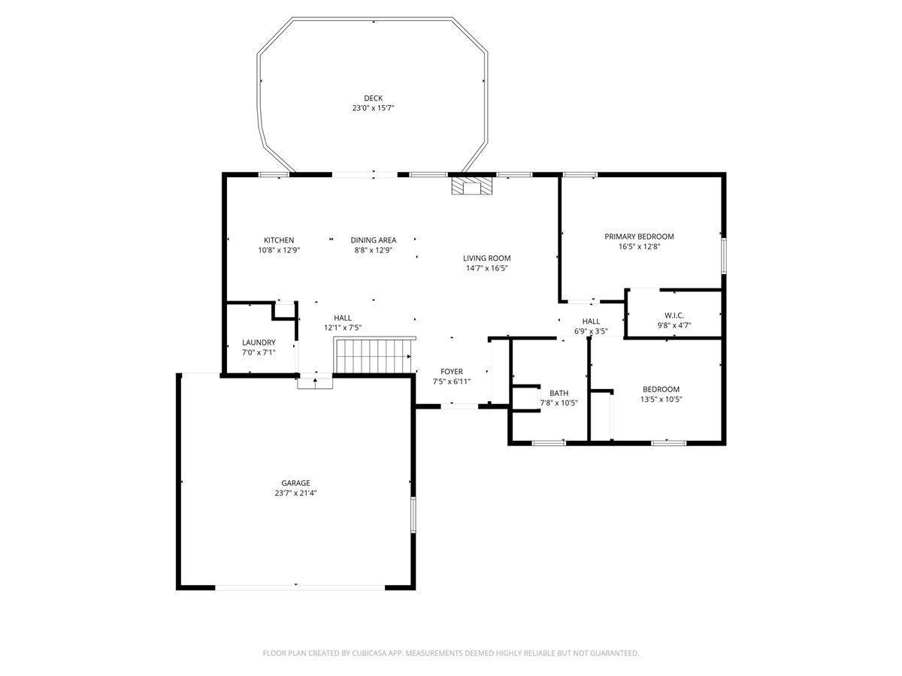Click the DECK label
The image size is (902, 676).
(373, 98)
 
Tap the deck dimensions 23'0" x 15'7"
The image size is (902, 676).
(373, 108)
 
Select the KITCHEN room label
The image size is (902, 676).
(279, 240)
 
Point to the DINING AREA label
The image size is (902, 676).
(373, 240)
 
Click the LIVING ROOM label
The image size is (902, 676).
(486, 258)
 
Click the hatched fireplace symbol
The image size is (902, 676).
(472, 186)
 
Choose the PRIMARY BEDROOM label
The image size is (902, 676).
(639, 237)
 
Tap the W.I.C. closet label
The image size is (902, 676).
(674, 315)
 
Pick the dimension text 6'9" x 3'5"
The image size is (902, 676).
(591, 331)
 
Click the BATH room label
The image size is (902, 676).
(559, 393)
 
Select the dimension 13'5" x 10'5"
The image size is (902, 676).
(661, 399)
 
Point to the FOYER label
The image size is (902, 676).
(451, 372)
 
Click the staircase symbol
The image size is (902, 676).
(374, 355)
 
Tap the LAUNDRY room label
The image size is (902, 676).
(259, 343)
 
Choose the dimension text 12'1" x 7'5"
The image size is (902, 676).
(342, 327)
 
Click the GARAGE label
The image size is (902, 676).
(295, 483)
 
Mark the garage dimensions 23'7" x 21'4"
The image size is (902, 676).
(295, 493)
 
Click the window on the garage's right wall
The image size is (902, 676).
(413, 515)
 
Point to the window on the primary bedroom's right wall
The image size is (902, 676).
(724, 257)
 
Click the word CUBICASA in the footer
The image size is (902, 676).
(369, 653)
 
